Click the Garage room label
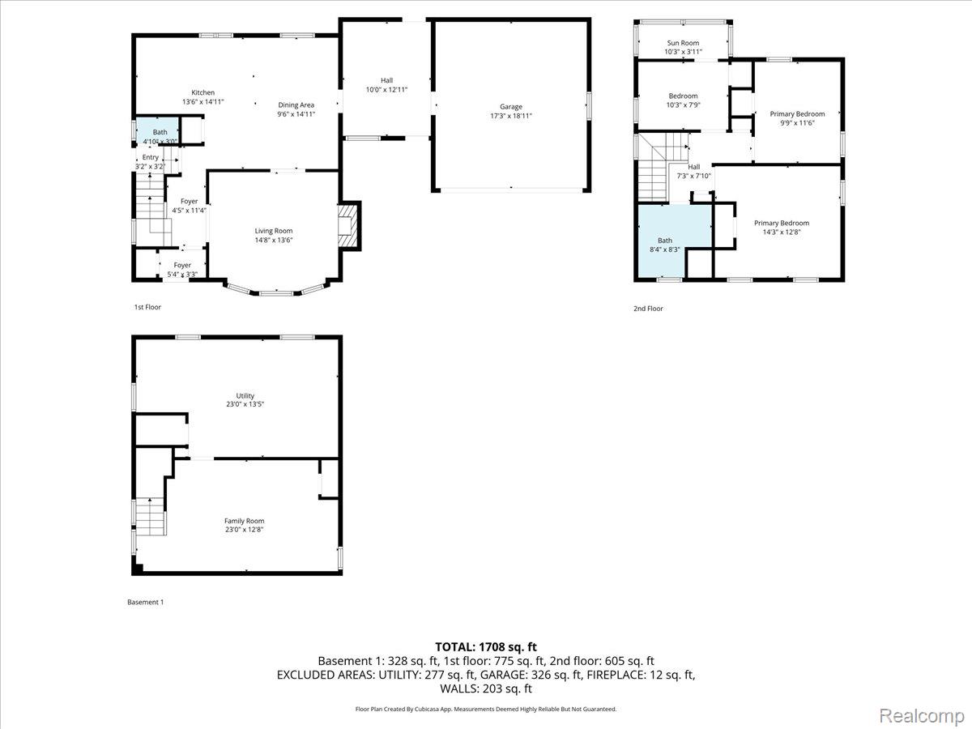coord(510,107)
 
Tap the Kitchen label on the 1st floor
coord(202,92)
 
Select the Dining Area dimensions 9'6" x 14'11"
coord(296,114)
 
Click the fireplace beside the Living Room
coord(349,226)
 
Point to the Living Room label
coord(274,231)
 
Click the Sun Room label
coord(683,43)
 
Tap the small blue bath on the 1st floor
coord(157,131)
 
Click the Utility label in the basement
coord(245,396)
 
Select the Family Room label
coord(244,521)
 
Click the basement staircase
coord(151,517)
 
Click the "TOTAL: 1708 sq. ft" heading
coord(486,647)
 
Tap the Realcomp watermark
coord(922,716)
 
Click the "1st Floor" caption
coord(147,307)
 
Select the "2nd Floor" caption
coord(648,309)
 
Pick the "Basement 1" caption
coord(145,602)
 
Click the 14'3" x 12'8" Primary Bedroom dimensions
coord(782,232)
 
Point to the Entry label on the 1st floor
coord(150,157)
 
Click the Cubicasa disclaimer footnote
coord(486,709)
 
